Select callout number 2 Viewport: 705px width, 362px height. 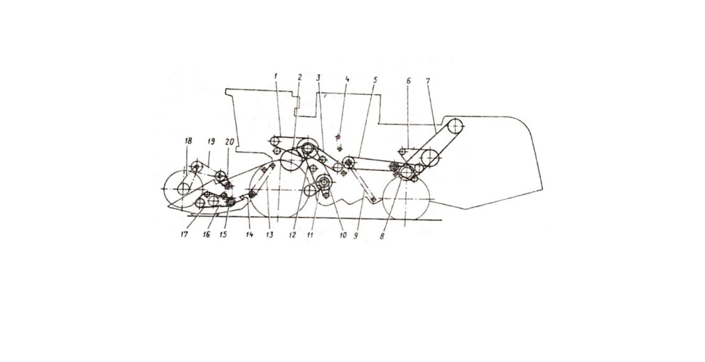point(300,77)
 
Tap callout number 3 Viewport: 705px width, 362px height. point(318,77)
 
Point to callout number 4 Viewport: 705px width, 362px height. point(347,79)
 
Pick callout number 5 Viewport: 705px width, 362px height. point(376,80)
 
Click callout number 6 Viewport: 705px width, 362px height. point(408,81)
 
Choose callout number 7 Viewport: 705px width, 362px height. point(428,81)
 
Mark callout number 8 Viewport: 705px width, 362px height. point(382,236)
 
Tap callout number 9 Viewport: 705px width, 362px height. point(355,235)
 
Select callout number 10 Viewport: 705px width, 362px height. point(343,235)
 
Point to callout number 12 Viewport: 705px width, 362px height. point(293,235)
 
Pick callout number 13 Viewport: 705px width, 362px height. point(269,235)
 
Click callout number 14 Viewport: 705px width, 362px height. point(249,235)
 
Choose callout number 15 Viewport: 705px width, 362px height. point(223,235)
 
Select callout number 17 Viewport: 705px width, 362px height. point(184,235)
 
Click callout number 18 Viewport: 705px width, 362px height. point(188,141)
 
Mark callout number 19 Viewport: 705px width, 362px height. point(211,141)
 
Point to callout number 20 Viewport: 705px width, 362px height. point(229,141)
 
